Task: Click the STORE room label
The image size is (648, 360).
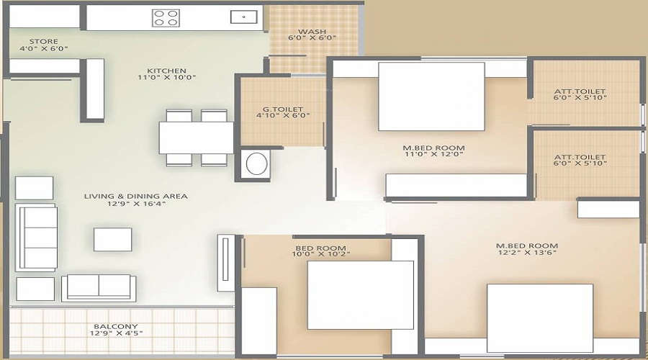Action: click(43, 41)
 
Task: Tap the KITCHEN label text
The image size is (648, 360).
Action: click(166, 71)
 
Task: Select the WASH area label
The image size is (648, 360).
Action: click(312, 32)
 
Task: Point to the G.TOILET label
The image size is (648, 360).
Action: click(283, 109)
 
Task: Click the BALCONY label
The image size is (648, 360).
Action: click(116, 327)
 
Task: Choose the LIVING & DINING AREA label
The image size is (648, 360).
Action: click(136, 197)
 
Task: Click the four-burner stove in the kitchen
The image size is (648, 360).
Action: click(166, 18)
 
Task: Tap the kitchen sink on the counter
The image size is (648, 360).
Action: click(244, 17)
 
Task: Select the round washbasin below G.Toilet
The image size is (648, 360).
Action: click(256, 163)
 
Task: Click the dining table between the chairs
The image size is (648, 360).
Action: click(197, 138)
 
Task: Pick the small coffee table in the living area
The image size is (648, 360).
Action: click(113, 239)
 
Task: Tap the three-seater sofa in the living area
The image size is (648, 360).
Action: click(37, 238)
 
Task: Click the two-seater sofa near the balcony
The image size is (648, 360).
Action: click(99, 288)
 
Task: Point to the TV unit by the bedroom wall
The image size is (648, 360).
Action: click(225, 263)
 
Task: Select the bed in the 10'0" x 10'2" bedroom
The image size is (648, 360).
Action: click(361, 295)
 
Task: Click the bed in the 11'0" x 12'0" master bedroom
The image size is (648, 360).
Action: click(431, 96)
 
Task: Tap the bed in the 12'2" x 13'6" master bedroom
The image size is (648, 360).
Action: click(540, 318)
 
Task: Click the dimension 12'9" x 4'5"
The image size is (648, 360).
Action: click(116, 333)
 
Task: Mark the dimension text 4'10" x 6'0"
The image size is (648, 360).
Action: click(283, 116)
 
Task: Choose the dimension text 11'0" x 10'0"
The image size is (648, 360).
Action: click(166, 77)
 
